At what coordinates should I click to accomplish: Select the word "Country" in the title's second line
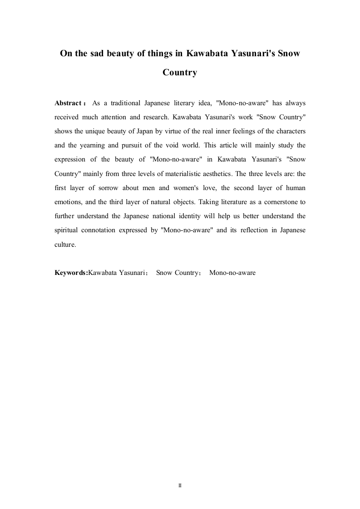tap(180, 73)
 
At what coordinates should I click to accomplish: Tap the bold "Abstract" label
tap(68, 103)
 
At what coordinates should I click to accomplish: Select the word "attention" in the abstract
tap(111, 117)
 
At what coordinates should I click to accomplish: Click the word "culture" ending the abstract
tap(65, 244)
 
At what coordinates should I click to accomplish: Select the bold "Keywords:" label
tap(71, 273)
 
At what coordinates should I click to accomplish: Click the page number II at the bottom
tap(180, 485)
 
